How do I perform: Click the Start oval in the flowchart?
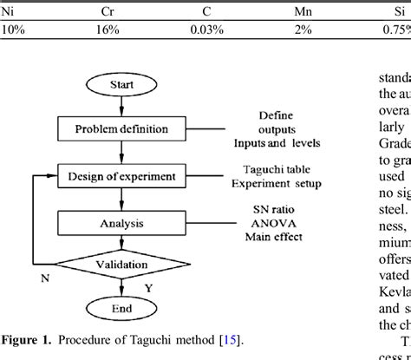(x=121, y=85)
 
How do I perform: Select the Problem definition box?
(x=121, y=128)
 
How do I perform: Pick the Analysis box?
(x=121, y=223)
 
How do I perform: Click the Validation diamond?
(x=121, y=263)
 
